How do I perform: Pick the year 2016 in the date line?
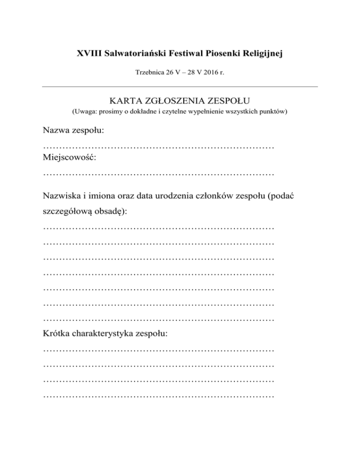[x=212, y=73]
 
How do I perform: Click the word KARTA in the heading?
[x=123, y=100]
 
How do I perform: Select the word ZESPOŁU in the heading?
[x=230, y=100]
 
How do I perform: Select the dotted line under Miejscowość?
[x=158, y=175]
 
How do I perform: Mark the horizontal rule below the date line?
[x=180, y=86]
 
